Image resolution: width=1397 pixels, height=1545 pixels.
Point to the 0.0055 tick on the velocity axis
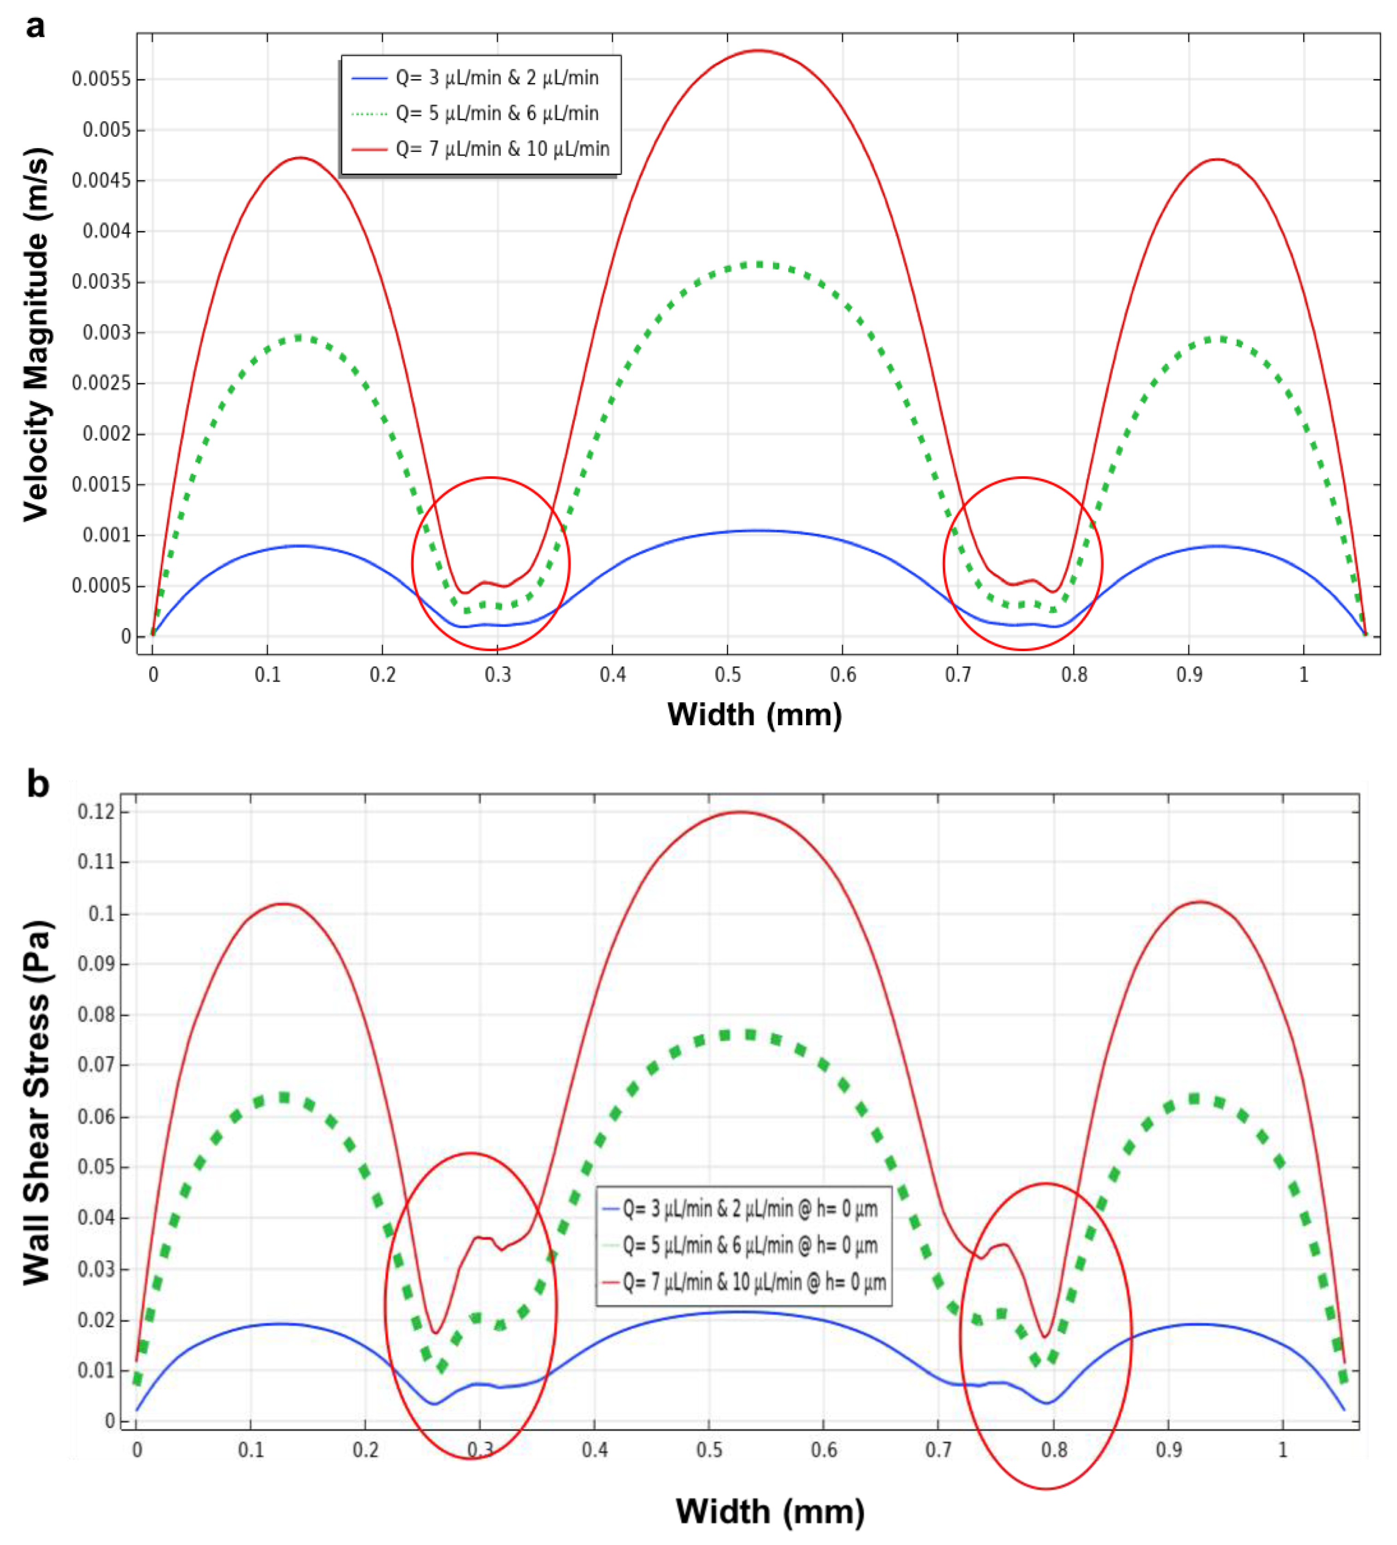(x=101, y=79)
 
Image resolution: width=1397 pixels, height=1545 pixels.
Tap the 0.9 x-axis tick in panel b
(x=1168, y=1450)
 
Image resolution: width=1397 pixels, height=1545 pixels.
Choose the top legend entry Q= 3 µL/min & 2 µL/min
(x=497, y=77)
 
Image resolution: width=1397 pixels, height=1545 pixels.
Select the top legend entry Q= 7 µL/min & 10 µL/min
(x=502, y=149)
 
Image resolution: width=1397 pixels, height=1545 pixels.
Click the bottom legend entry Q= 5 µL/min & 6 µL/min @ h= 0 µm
(x=749, y=1245)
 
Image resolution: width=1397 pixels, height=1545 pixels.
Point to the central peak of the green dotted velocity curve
(x=757, y=264)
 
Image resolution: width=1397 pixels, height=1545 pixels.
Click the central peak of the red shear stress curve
(x=740, y=812)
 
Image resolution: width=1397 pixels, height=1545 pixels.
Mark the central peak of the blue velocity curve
(x=757, y=531)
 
